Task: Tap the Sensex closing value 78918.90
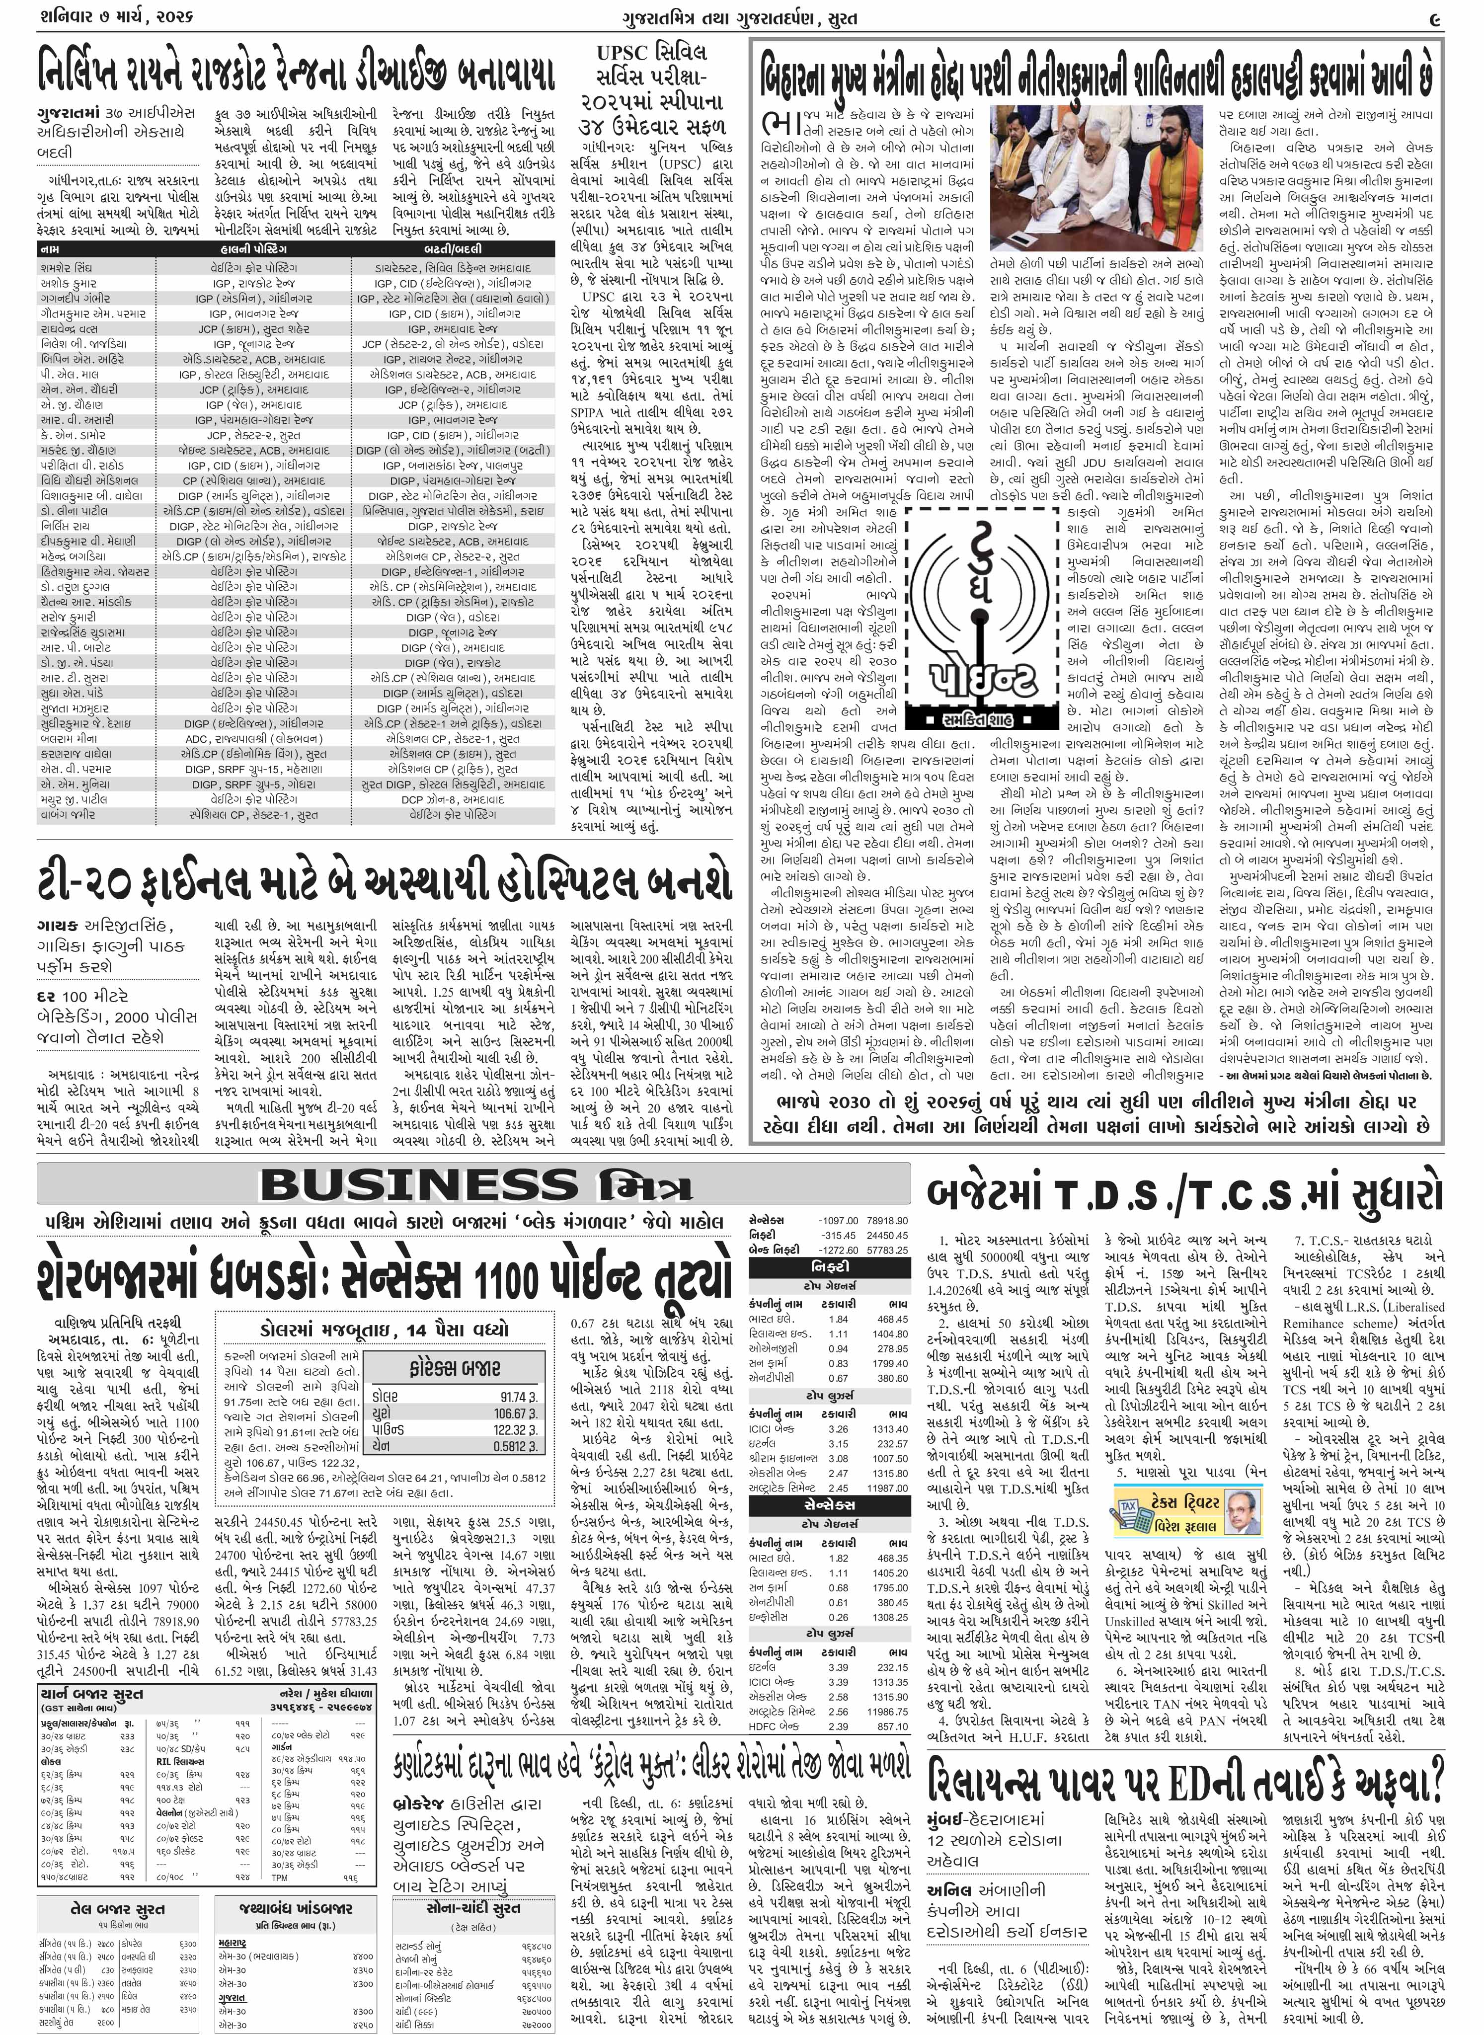coord(887,1221)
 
